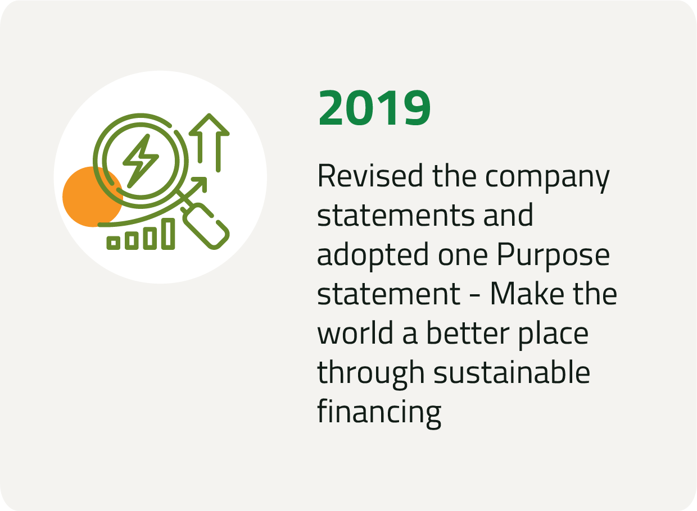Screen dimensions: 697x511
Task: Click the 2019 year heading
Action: point(374,108)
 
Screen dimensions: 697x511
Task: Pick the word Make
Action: point(527,294)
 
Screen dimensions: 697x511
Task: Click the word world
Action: point(355,332)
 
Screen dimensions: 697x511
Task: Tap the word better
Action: point(467,332)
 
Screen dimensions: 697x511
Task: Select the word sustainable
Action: point(512,372)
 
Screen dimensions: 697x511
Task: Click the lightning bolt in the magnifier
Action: point(141,161)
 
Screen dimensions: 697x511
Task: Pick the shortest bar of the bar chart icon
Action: point(114,243)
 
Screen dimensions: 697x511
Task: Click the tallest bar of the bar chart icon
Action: point(168,234)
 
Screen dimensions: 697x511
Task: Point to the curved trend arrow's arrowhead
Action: point(200,184)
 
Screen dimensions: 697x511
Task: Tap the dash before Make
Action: point(475,296)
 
